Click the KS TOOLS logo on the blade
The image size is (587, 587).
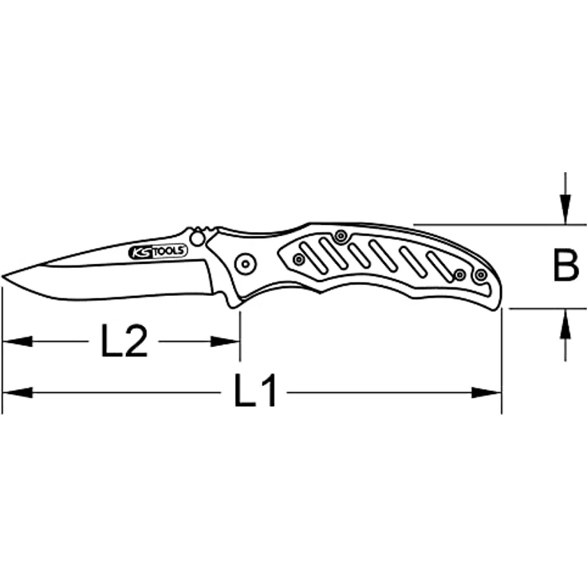coord(158,252)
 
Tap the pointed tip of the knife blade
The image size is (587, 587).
coord(4,277)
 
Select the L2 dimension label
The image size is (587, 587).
coord(124,341)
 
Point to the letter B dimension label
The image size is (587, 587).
coord(565,266)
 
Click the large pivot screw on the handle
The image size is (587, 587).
coord(245,262)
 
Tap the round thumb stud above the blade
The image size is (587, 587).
coord(197,238)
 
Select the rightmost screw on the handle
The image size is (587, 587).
coord(480,275)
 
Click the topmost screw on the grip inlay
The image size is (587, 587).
coord(341,235)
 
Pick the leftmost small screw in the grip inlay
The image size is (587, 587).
coord(298,259)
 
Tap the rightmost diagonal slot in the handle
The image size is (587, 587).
coord(439,266)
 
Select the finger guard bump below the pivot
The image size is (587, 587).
coord(233,301)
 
